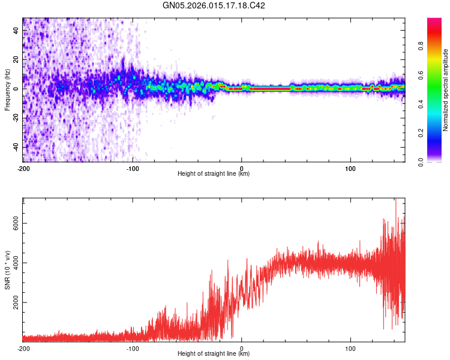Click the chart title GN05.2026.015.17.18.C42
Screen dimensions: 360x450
point(214,5)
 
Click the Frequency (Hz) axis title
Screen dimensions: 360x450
point(7,90)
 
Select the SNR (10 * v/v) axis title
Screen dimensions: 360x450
point(7,269)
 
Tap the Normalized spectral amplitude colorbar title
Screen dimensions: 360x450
point(446,90)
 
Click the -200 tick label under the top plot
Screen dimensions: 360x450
point(23,168)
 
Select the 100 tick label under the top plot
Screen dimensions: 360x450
point(350,168)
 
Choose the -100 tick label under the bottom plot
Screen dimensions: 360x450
point(133,349)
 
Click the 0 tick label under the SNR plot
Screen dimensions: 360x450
point(242,349)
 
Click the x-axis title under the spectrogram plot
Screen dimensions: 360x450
point(214,174)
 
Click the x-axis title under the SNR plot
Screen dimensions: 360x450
point(214,355)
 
